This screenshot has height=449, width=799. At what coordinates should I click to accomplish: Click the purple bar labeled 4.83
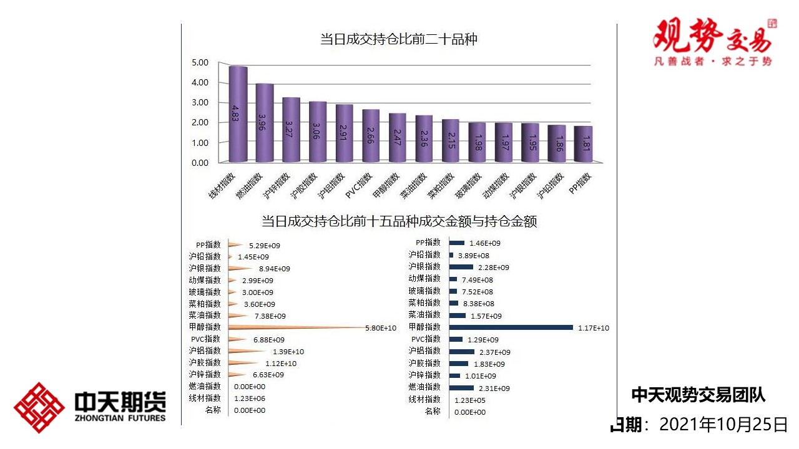(x=238, y=114)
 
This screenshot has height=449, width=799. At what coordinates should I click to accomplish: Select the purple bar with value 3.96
(x=265, y=123)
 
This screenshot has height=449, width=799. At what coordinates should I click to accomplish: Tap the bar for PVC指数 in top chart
(x=371, y=136)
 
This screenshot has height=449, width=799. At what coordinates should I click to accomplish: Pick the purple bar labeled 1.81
(x=583, y=144)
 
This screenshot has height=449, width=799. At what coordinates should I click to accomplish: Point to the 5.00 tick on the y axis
(x=200, y=62)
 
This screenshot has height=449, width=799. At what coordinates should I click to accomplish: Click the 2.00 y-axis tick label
(x=200, y=123)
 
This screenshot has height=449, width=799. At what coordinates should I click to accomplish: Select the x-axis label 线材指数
(x=222, y=185)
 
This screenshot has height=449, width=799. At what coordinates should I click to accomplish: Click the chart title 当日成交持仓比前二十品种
(x=399, y=40)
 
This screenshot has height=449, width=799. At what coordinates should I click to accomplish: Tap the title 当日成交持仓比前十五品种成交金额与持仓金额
(x=399, y=221)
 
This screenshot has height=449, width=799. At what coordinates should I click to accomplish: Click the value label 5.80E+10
(x=381, y=328)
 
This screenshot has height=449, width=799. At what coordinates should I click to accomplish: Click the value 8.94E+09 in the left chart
(x=275, y=269)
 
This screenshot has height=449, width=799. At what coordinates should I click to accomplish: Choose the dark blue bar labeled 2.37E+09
(x=462, y=352)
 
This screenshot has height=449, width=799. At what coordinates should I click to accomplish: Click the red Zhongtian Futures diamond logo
(x=39, y=407)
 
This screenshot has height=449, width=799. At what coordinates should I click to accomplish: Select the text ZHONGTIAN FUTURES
(x=120, y=418)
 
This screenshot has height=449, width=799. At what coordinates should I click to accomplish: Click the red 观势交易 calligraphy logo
(x=712, y=37)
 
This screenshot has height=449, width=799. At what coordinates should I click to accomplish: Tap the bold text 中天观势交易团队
(x=698, y=395)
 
